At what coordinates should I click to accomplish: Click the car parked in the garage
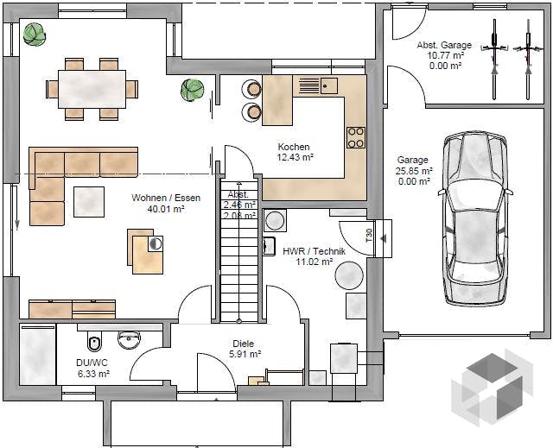474,218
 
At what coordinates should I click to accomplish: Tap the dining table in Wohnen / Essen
92,89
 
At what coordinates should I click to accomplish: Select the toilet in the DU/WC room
94,343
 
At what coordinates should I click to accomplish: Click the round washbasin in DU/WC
129,340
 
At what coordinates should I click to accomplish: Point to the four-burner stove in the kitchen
356,137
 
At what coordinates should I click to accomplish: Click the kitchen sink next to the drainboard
328,85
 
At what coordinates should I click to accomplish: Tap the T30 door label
369,236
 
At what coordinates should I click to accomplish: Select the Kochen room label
294,147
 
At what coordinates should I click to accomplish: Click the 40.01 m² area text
166,209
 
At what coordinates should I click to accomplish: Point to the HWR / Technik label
314,251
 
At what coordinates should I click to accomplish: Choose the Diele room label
244,344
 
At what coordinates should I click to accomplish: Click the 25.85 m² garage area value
414,171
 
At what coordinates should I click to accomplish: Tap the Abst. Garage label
444,45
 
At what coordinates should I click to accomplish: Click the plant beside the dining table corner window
35,35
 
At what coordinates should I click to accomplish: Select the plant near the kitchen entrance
192,90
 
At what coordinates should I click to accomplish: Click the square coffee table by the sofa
89,202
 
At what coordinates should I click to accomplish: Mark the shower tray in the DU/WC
38,355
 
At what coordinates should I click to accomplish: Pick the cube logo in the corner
493,388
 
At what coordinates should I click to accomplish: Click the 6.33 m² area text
93,374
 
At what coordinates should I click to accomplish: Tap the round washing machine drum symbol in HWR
275,221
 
